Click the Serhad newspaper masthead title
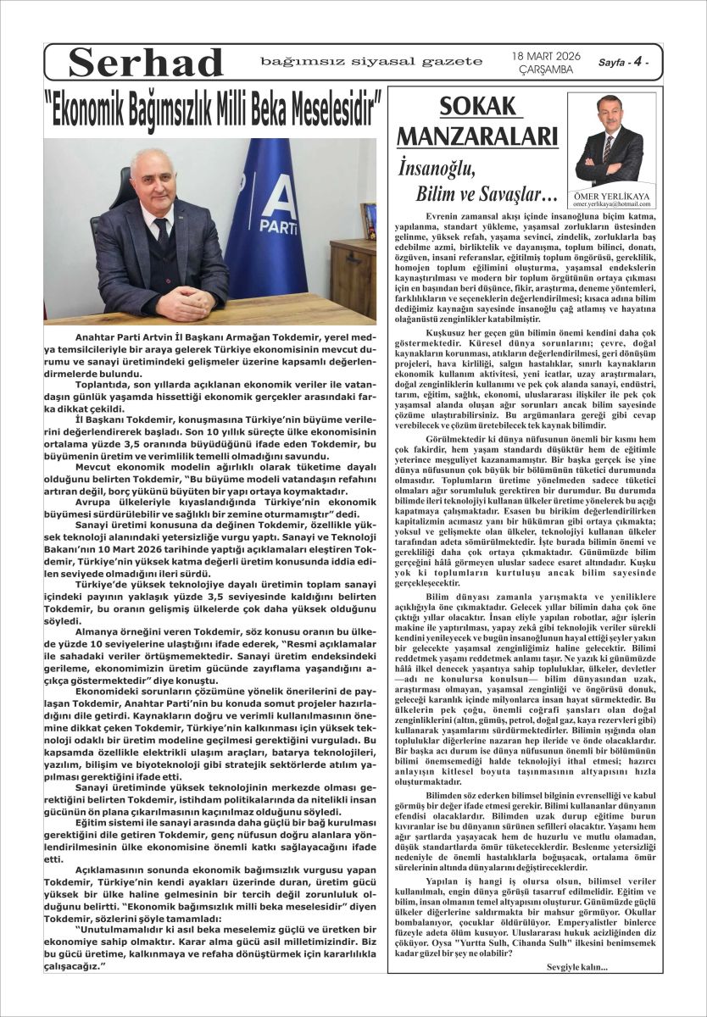tap(145, 63)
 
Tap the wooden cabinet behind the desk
tap(353, 275)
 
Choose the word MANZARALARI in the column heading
tap(477, 137)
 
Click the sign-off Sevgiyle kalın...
tap(577, 966)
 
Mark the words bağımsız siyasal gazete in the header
tap(371, 61)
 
